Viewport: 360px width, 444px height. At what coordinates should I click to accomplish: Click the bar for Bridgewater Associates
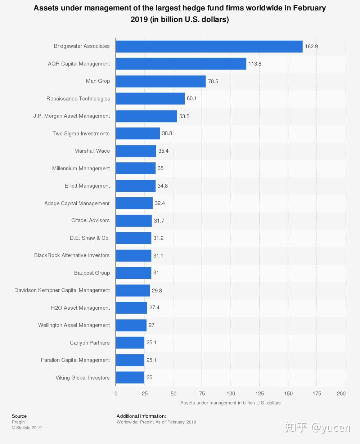(209, 46)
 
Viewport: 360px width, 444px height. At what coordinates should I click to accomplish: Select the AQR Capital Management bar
(181, 64)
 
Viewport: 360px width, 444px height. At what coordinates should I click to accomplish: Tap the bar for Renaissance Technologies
(150, 99)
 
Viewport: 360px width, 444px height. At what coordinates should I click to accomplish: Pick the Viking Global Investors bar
(130, 377)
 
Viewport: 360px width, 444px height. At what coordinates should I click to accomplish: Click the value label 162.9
(311, 46)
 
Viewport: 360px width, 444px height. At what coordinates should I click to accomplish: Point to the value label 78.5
(213, 81)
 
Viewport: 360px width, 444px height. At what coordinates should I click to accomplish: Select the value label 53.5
(184, 116)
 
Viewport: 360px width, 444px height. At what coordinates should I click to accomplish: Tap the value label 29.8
(157, 291)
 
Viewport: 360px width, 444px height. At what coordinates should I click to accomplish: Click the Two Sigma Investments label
(81, 134)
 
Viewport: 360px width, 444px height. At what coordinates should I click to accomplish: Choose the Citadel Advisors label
(90, 220)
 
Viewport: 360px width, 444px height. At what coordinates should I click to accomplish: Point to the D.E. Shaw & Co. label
(90, 238)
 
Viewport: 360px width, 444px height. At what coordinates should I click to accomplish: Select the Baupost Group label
(92, 273)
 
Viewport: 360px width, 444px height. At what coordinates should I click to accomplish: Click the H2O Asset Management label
(80, 308)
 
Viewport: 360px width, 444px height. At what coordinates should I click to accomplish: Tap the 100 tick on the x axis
(231, 394)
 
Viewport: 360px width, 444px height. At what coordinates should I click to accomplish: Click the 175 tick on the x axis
(317, 394)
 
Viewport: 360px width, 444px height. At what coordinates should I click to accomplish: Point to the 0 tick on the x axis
(116, 394)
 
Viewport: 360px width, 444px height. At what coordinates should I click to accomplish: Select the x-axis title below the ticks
(230, 403)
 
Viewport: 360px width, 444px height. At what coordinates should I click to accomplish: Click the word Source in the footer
(19, 416)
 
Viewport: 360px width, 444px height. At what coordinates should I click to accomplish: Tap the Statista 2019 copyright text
(27, 428)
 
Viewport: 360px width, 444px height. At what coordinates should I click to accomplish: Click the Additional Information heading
(141, 416)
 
